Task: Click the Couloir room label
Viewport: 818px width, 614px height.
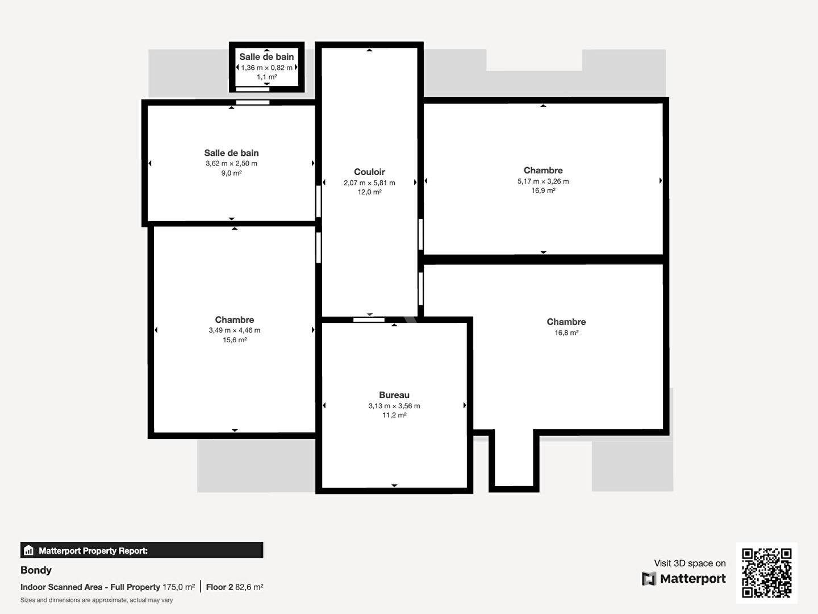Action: tap(369, 172)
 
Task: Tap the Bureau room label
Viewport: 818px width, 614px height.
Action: tap(394, 395)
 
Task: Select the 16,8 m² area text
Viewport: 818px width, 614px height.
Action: tap(566, 333)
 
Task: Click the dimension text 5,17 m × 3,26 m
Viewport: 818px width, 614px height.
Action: tap(543, 181)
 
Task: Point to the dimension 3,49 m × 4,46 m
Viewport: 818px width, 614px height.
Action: tap(235, 330)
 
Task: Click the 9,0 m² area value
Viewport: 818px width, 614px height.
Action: tap(231, 173)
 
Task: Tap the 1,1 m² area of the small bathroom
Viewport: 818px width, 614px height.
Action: tap(266, 77)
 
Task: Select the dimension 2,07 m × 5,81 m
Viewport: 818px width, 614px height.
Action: tap(369, 182)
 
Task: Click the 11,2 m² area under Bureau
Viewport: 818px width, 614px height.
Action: tap(394, 415)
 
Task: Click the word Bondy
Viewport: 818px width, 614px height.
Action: tap(36, 570)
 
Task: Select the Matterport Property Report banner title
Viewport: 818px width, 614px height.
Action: tap(93, 551)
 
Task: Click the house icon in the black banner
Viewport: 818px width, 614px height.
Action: tap(29, 550)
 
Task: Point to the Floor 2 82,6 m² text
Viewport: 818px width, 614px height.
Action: tap(235, 587)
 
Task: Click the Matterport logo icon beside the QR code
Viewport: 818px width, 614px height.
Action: tap(649, 579)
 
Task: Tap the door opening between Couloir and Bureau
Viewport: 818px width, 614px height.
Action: tap(369, 320)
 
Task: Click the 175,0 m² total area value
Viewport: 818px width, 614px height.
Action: tap(178, 587)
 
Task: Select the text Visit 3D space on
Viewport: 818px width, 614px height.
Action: tap(690, 563)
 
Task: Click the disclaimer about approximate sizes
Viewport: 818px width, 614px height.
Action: tap(97, 600)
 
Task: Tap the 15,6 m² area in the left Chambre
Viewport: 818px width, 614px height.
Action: tap(235, 339)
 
